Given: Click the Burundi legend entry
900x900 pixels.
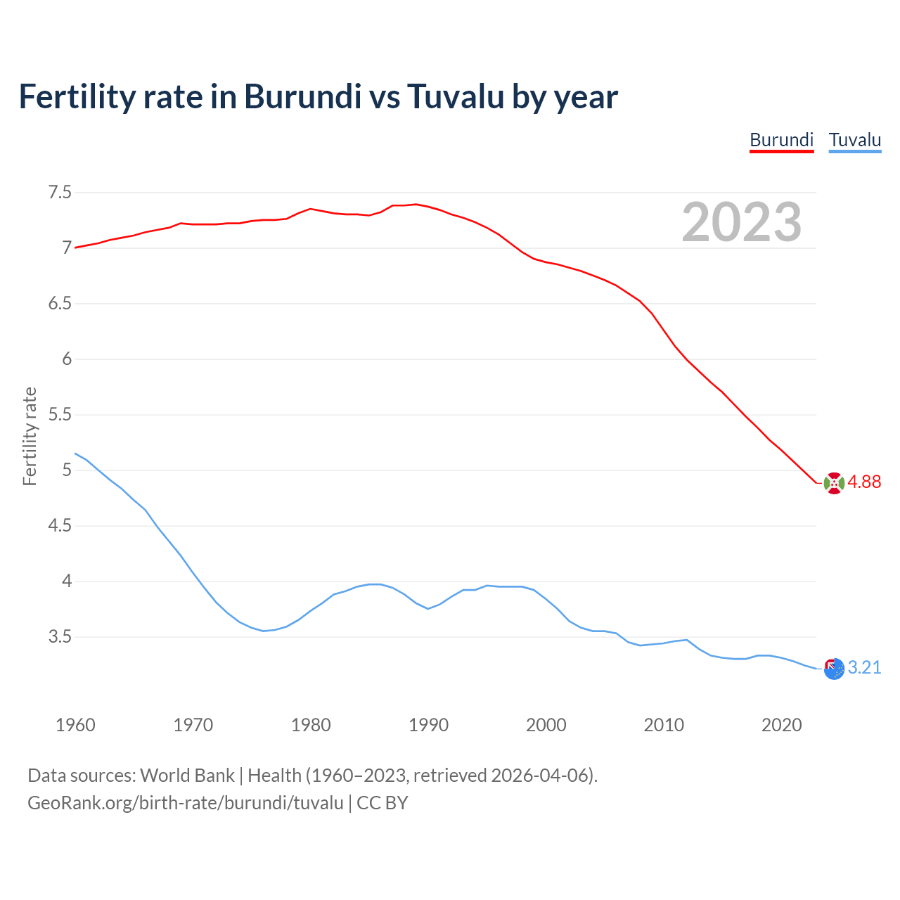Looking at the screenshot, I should point(781,140).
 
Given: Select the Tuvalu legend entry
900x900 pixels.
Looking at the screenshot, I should point(854,140).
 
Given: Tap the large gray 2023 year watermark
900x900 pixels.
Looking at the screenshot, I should point(741,222).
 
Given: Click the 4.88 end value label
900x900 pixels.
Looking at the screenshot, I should point(864,482).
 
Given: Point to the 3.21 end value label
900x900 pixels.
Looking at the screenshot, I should point(864,668).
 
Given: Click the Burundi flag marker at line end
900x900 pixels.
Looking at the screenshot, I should point(834,483).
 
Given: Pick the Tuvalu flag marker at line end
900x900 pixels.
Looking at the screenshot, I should point(834,669).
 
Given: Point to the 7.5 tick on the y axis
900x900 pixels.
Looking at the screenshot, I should point(60,192).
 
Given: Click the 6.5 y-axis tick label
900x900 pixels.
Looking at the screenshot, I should point(60,303).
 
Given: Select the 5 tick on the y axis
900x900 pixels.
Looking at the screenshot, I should point(67,470).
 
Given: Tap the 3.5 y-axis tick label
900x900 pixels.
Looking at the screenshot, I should point(60,637).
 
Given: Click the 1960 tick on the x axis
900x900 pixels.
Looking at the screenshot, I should point(75,725).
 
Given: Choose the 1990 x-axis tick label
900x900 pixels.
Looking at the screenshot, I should point(428,725).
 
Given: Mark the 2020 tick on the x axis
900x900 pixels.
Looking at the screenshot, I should point(781,725).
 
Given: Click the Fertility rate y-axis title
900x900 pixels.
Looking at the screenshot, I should point(30,436).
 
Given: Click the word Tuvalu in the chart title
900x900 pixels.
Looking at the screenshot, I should point(456,96).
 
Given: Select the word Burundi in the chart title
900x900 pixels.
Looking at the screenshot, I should point(302,96).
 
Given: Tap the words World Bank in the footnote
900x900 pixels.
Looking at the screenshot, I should point(187,776).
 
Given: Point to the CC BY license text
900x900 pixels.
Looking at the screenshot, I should point(382,803).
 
